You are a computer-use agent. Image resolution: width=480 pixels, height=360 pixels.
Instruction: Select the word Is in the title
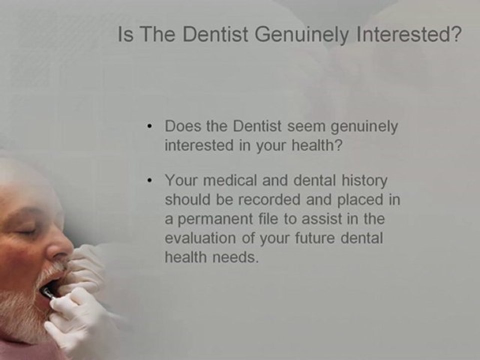point(125,35)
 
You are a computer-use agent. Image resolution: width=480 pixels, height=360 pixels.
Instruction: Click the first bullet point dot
point(151,127)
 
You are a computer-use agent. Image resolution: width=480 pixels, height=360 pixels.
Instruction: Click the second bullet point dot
point(151,180)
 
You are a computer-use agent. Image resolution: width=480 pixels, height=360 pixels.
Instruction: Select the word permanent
point(217,218)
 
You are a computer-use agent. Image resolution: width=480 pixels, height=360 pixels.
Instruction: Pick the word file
point(279,218)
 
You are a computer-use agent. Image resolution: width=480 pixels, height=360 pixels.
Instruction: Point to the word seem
point(302,127)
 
